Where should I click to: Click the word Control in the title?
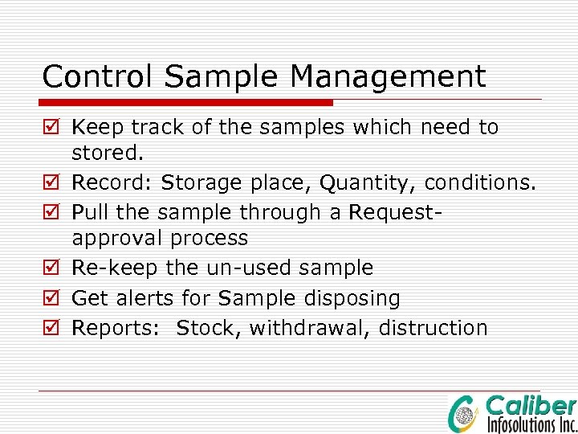(84, 77)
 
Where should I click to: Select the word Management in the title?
(388, 77)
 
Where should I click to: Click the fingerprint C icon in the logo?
(464, 414)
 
